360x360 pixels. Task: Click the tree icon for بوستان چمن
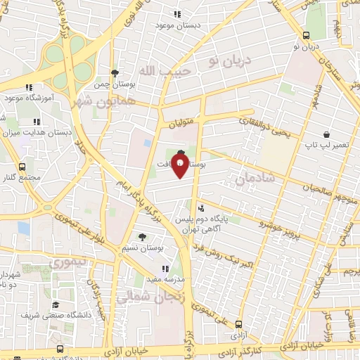[115, 72]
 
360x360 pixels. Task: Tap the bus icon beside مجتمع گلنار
[22, 167]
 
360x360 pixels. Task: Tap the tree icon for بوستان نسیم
[143, 237]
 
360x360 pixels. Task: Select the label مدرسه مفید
[166, 278]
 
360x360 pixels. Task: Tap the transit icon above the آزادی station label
[240, 324]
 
